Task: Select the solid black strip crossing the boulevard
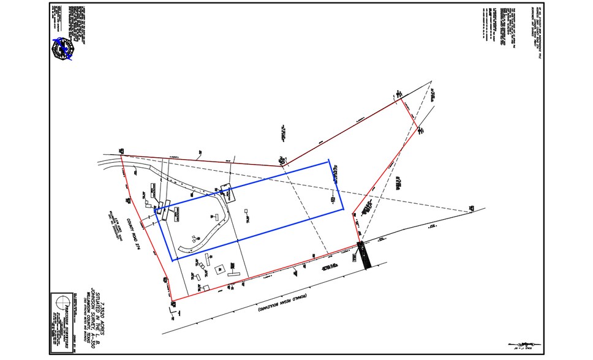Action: pos(365,255)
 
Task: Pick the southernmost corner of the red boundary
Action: pos(173,301)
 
